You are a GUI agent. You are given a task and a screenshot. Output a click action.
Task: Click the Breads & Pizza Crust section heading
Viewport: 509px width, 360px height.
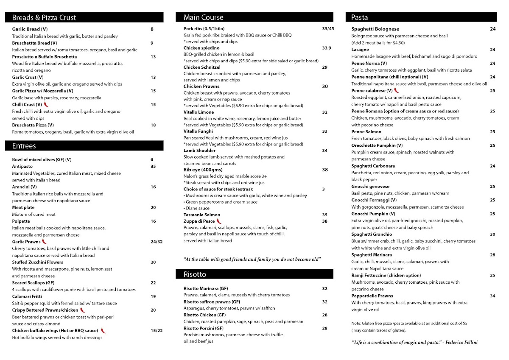(x=44, y=17)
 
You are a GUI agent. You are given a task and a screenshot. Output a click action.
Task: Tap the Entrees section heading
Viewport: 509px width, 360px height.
(x=24, y=146)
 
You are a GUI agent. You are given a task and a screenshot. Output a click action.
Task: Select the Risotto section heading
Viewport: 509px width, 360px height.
(x=195, y=274)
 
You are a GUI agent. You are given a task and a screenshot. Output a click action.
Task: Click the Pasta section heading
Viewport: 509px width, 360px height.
(x=359, y=17)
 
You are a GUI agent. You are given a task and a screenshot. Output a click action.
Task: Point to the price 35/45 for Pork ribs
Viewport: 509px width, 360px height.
(x=328, y=29)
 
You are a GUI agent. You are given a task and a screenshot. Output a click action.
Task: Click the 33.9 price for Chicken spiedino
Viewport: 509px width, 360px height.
(x=327, y=48)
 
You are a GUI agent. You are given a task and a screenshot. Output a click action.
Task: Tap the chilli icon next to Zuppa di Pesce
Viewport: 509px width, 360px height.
(x=219, y=221)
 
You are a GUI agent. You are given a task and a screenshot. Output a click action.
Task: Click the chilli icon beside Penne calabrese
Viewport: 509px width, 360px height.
(x=397, y=91)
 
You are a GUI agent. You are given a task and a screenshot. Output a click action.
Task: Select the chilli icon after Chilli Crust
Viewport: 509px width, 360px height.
(x=46, y=104)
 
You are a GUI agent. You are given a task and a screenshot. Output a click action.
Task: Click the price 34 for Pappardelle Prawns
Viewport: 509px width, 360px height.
(x=492, y=296)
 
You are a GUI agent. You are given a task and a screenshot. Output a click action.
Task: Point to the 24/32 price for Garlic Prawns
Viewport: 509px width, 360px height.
(x=157, y=242)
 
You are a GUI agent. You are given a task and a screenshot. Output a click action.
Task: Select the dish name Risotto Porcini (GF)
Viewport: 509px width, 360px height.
(x=204, y=328)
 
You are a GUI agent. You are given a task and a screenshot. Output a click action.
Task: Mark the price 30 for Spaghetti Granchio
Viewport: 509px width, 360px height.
(x=492, y=234)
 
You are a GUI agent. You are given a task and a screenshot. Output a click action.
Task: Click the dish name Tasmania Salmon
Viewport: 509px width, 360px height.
(x=202, y=215)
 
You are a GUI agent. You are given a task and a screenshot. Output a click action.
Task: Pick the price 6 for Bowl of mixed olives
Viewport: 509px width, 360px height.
(x=152, y=159)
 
